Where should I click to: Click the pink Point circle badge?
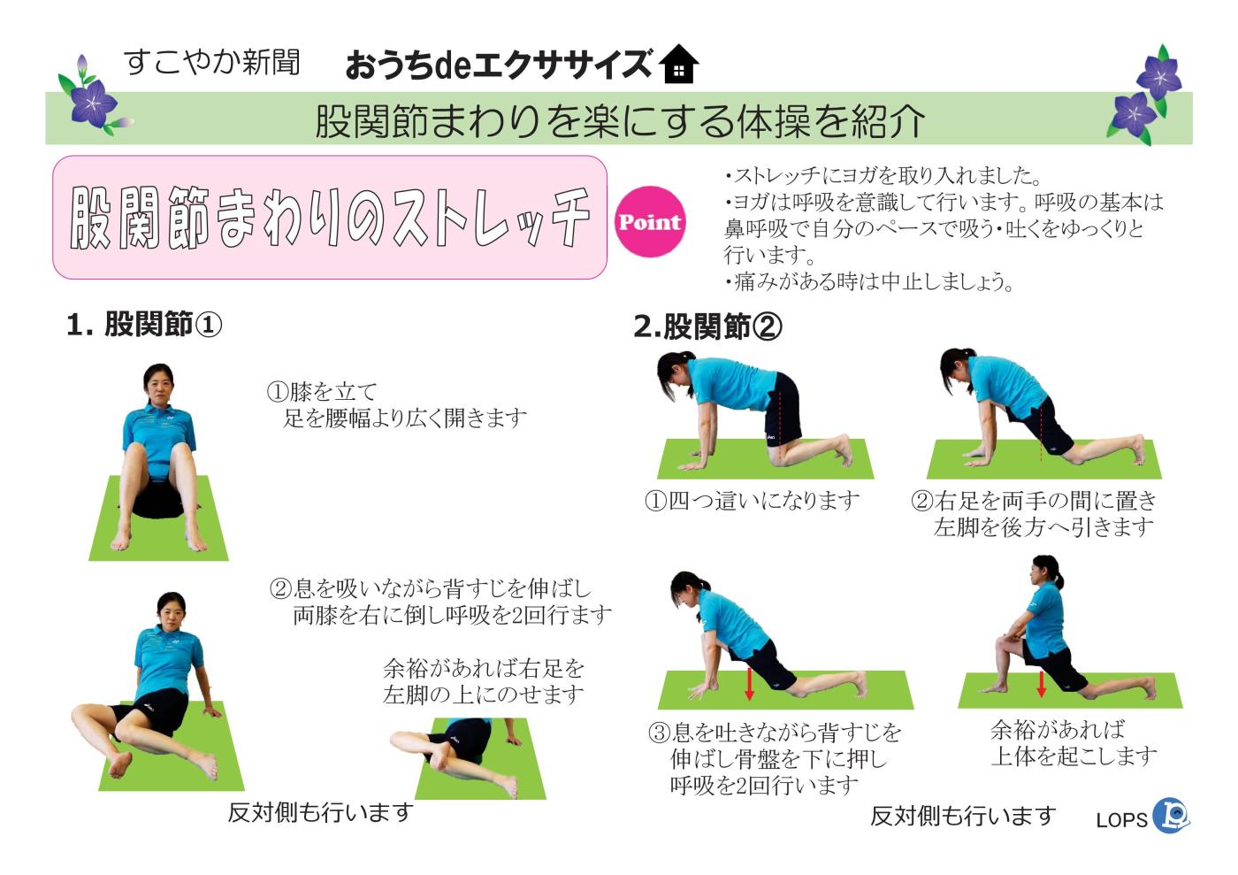[650, 222]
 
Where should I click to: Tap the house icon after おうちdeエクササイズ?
[679, 65]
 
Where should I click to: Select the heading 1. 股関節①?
[144, 325]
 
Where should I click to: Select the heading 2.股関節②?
[707, 326]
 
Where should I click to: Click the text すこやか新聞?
[212, 62]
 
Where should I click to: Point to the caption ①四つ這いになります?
[753, 501]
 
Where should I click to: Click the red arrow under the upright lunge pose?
[1041, 683]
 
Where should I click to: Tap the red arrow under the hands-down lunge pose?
[749, 684]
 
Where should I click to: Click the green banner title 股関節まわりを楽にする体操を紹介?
[619, 120]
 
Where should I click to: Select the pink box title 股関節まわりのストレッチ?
[330, 217]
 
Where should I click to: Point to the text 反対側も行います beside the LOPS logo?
[963, 815]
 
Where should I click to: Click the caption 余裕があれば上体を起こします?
[1073, 742]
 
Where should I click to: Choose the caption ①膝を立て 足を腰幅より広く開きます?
[397, 404]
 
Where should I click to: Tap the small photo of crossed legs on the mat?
[469, 754]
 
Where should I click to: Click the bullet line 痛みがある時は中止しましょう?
[870, 282]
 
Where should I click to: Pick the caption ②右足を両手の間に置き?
[1034, 501]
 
